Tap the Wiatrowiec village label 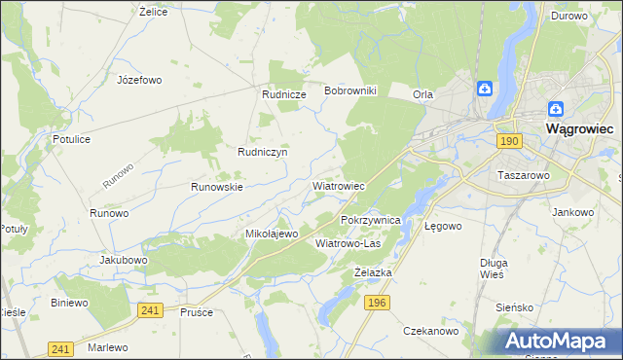pos(338,185)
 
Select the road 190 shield pos(509,141)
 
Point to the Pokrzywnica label pos(371,221)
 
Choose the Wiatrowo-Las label pos(348,243)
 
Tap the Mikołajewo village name pos(271,234)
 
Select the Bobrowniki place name pos(356,90)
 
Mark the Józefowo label pos(139,80)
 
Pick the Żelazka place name pos(373,272)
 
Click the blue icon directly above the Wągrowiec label pos(555,110)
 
